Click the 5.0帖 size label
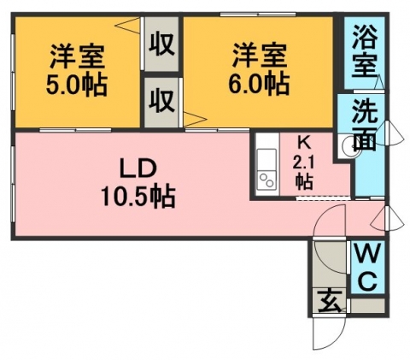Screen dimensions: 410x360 pyautogui.click(x=76, y=85)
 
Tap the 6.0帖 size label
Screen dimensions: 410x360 pyautogui.click(x=259, y=84)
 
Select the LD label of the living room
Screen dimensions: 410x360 pyautogui.click(x=138, y=168)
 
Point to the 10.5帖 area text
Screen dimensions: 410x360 pyautogui.click(x=138, y=197)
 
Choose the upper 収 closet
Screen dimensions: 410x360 pyautogui.click(x=161, y=44)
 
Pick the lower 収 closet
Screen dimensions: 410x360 pyautogui.click(x=161, y=102)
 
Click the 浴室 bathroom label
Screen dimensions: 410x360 pyautogui.click(x=365, y=52)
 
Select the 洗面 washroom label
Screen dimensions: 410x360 pyautogui.click(x=365, y=126)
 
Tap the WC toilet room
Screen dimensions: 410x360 pyautogui.click(x=367, y=268)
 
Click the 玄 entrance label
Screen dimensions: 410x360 pyautogui.click(x=330, y=301)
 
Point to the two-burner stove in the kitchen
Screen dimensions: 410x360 pyautogui.click(x=266, y=180)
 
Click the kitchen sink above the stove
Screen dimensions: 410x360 pyautogui.click(x=266, y=160)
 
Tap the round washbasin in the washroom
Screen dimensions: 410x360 pyautogui.click(x=351, y=145)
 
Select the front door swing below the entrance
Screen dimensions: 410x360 pyautogui.click(x=329, y=334)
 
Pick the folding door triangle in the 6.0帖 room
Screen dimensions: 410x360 pyautogui.click(x=195, y=119)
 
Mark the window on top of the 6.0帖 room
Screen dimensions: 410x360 pyautogui.click(x=258, y=14)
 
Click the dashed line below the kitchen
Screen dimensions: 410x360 pyautogui.click(x=323, y=198)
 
